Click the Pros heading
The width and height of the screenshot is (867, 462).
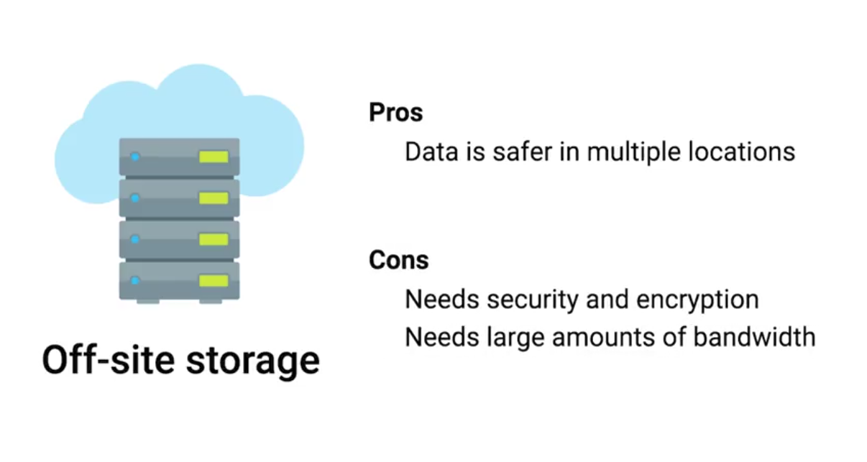[x=396, y=113]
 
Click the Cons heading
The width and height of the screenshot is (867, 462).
[x=399, y=259]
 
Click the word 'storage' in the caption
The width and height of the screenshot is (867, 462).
[x=254, y=361]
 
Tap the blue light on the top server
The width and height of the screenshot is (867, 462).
[x=134, y=157]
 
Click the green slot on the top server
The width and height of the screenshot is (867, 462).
[x=214, y=157]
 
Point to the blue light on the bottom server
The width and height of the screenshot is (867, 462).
[x=134, y=280]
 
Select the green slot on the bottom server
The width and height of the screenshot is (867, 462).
[x=214, y=280]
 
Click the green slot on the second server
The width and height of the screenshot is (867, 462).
[x=214, y=198]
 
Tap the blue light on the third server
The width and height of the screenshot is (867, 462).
[x=134, y=239]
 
